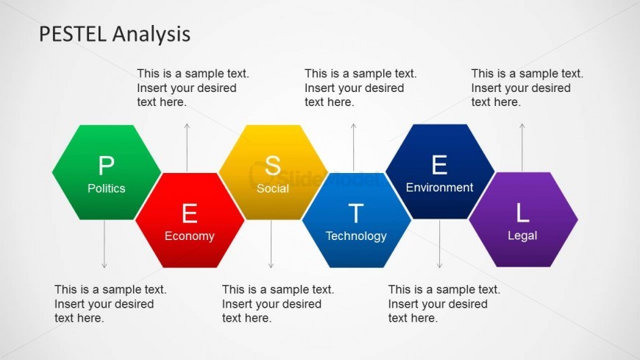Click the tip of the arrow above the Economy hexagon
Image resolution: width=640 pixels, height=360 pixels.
click(187, 124)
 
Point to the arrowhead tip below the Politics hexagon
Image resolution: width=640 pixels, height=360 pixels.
click(104, 268)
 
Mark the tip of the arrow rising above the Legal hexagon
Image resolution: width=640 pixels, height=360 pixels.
click(522, 124)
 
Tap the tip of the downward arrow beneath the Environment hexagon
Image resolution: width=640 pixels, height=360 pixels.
click(439, 268)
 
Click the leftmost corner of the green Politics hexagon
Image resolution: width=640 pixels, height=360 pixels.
click(52, 172)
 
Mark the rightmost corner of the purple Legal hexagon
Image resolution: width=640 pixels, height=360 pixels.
click(578, 219)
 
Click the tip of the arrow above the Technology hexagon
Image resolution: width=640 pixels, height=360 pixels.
click(353, 124)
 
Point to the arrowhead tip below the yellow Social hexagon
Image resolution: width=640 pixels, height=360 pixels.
click(271, 268)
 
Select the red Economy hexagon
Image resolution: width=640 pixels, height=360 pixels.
click(190, 220)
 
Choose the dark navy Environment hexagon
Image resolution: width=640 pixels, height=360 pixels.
click(440, 172)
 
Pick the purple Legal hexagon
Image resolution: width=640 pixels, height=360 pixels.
click(523, 219)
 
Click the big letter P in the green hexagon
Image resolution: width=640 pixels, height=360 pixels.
click(106, 166)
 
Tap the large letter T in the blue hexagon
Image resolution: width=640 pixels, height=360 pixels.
click(356, 213)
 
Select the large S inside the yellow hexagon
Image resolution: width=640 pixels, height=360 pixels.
click(273, 166)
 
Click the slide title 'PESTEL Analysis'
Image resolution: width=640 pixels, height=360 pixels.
click(115, 34)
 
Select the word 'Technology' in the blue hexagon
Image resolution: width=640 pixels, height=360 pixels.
click(356, 236)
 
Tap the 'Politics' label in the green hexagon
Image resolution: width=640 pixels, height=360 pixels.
click(107, 188)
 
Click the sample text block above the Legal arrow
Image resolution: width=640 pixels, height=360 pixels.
click(527, 88)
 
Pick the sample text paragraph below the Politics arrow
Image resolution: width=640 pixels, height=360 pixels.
click(110, 303)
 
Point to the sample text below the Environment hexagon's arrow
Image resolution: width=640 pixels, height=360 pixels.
click(444, 303)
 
